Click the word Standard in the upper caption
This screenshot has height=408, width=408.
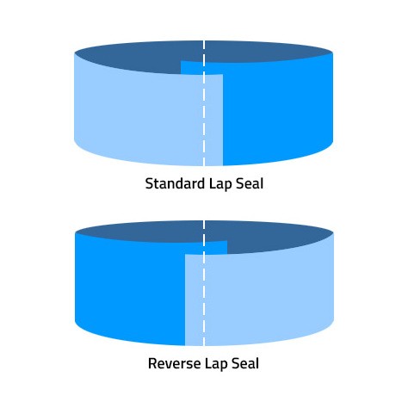point(175,183)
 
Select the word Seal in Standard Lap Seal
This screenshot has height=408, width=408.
point(250,183)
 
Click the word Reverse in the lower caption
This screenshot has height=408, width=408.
point(174,363)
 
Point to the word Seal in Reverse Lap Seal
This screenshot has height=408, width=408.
point(245,363)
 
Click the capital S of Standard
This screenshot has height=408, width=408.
point(150,183)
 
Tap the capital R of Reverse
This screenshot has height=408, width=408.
point(153,363)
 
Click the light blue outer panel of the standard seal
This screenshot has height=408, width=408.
point(138,114)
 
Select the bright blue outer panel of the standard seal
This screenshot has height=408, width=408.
point(278,112)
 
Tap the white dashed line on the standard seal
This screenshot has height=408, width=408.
point(204,103)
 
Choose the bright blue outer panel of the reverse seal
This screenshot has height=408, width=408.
point(129,290)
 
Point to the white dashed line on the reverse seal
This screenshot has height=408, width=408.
point(204,283)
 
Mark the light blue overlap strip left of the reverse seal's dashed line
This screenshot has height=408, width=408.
point(194,300)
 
